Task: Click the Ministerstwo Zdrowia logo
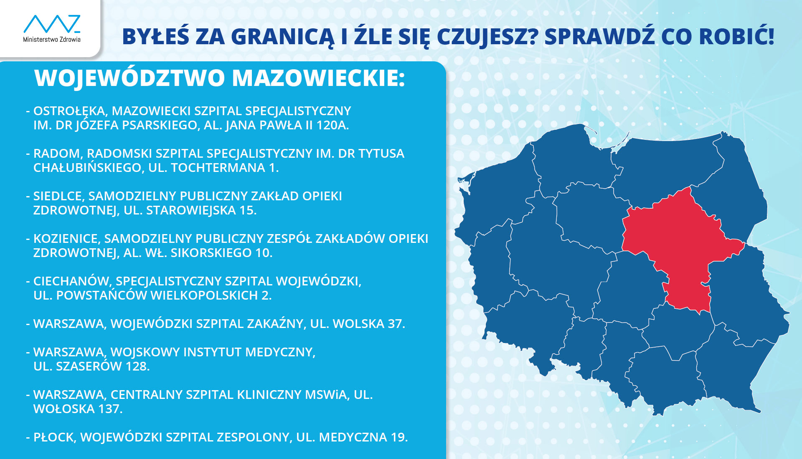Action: pos(52,28)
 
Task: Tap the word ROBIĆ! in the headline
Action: pos(737,36)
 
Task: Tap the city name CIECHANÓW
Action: pos(71,281)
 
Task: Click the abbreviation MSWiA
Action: pos(327,395)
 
